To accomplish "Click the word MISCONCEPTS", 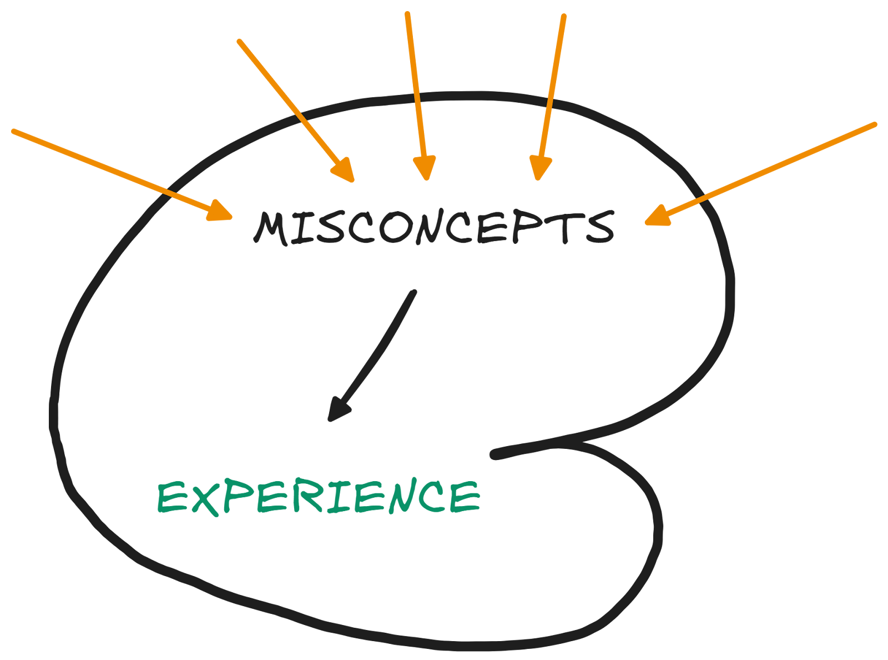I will (435, 228).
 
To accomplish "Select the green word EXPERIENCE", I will (319, 497).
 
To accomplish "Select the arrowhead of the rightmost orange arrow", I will (658, 216).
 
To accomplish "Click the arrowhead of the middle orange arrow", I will (425, 168).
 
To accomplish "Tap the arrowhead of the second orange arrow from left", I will (344, 169).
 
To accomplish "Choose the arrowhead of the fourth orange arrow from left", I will (539, 168).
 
